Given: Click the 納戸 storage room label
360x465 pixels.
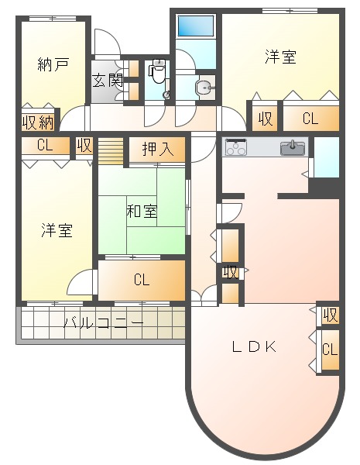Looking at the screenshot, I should click(53, 65).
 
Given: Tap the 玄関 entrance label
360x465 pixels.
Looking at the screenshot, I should click(107, 79).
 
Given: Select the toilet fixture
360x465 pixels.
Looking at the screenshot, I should click(157, 72).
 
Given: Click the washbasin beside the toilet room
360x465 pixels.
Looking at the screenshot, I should click(204, 88).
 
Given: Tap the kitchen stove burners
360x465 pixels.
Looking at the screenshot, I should click(235, 146).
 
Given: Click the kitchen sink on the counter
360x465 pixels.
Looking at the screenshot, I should click(293, 147).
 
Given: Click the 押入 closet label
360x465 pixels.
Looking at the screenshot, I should click(157, 148).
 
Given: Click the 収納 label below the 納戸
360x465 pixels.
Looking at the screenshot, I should click(37, 122).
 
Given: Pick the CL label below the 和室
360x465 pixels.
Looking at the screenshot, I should click(141, 280).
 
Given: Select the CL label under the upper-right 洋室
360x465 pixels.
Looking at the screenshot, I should click(310, 119).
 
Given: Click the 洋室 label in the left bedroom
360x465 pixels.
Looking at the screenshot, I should click(57, 230).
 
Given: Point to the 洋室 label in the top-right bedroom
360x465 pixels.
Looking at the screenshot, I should click(279, 57).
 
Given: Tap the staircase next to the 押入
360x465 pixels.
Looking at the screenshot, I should click(111, 150).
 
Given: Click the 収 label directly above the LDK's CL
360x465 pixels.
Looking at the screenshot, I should click(330, 315).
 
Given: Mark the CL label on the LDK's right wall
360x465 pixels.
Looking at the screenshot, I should click(329, 350).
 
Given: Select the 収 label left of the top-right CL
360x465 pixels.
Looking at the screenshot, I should click(266, 119).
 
